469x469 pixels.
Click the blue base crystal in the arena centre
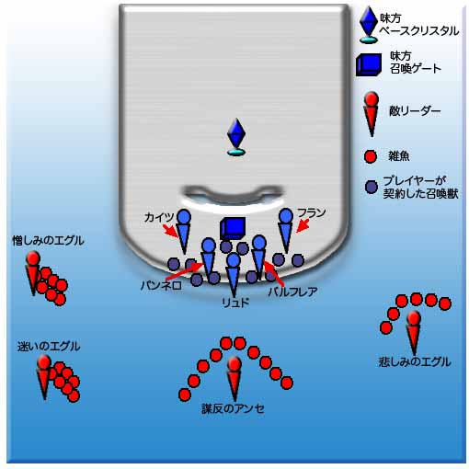236,137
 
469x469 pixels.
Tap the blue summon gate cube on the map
233,228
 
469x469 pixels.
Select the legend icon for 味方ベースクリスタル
368,25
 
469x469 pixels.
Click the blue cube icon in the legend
369,64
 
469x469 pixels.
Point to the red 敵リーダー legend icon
372,114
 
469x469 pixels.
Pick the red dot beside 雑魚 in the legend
371,156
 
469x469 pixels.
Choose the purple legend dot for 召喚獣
372,187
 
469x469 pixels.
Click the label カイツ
158,217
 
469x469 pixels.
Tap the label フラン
311,212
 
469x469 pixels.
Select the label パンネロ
161,286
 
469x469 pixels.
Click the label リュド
235,303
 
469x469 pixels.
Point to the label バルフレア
292,292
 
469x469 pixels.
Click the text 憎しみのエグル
48,241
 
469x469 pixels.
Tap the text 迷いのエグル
49,347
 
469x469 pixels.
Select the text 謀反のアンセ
233,408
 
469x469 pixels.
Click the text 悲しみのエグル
415,361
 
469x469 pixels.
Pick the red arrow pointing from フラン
303,226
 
